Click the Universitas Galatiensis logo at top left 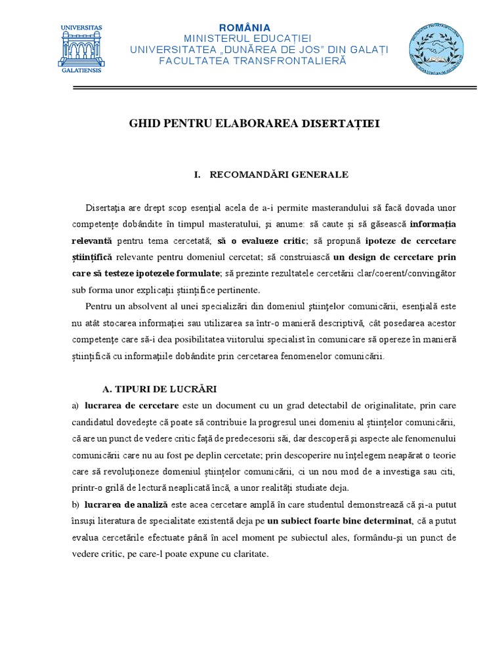[x=81, y=47]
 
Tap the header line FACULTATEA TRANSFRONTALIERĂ [x=253, y=60]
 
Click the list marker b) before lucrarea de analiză [x=75, y=504]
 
